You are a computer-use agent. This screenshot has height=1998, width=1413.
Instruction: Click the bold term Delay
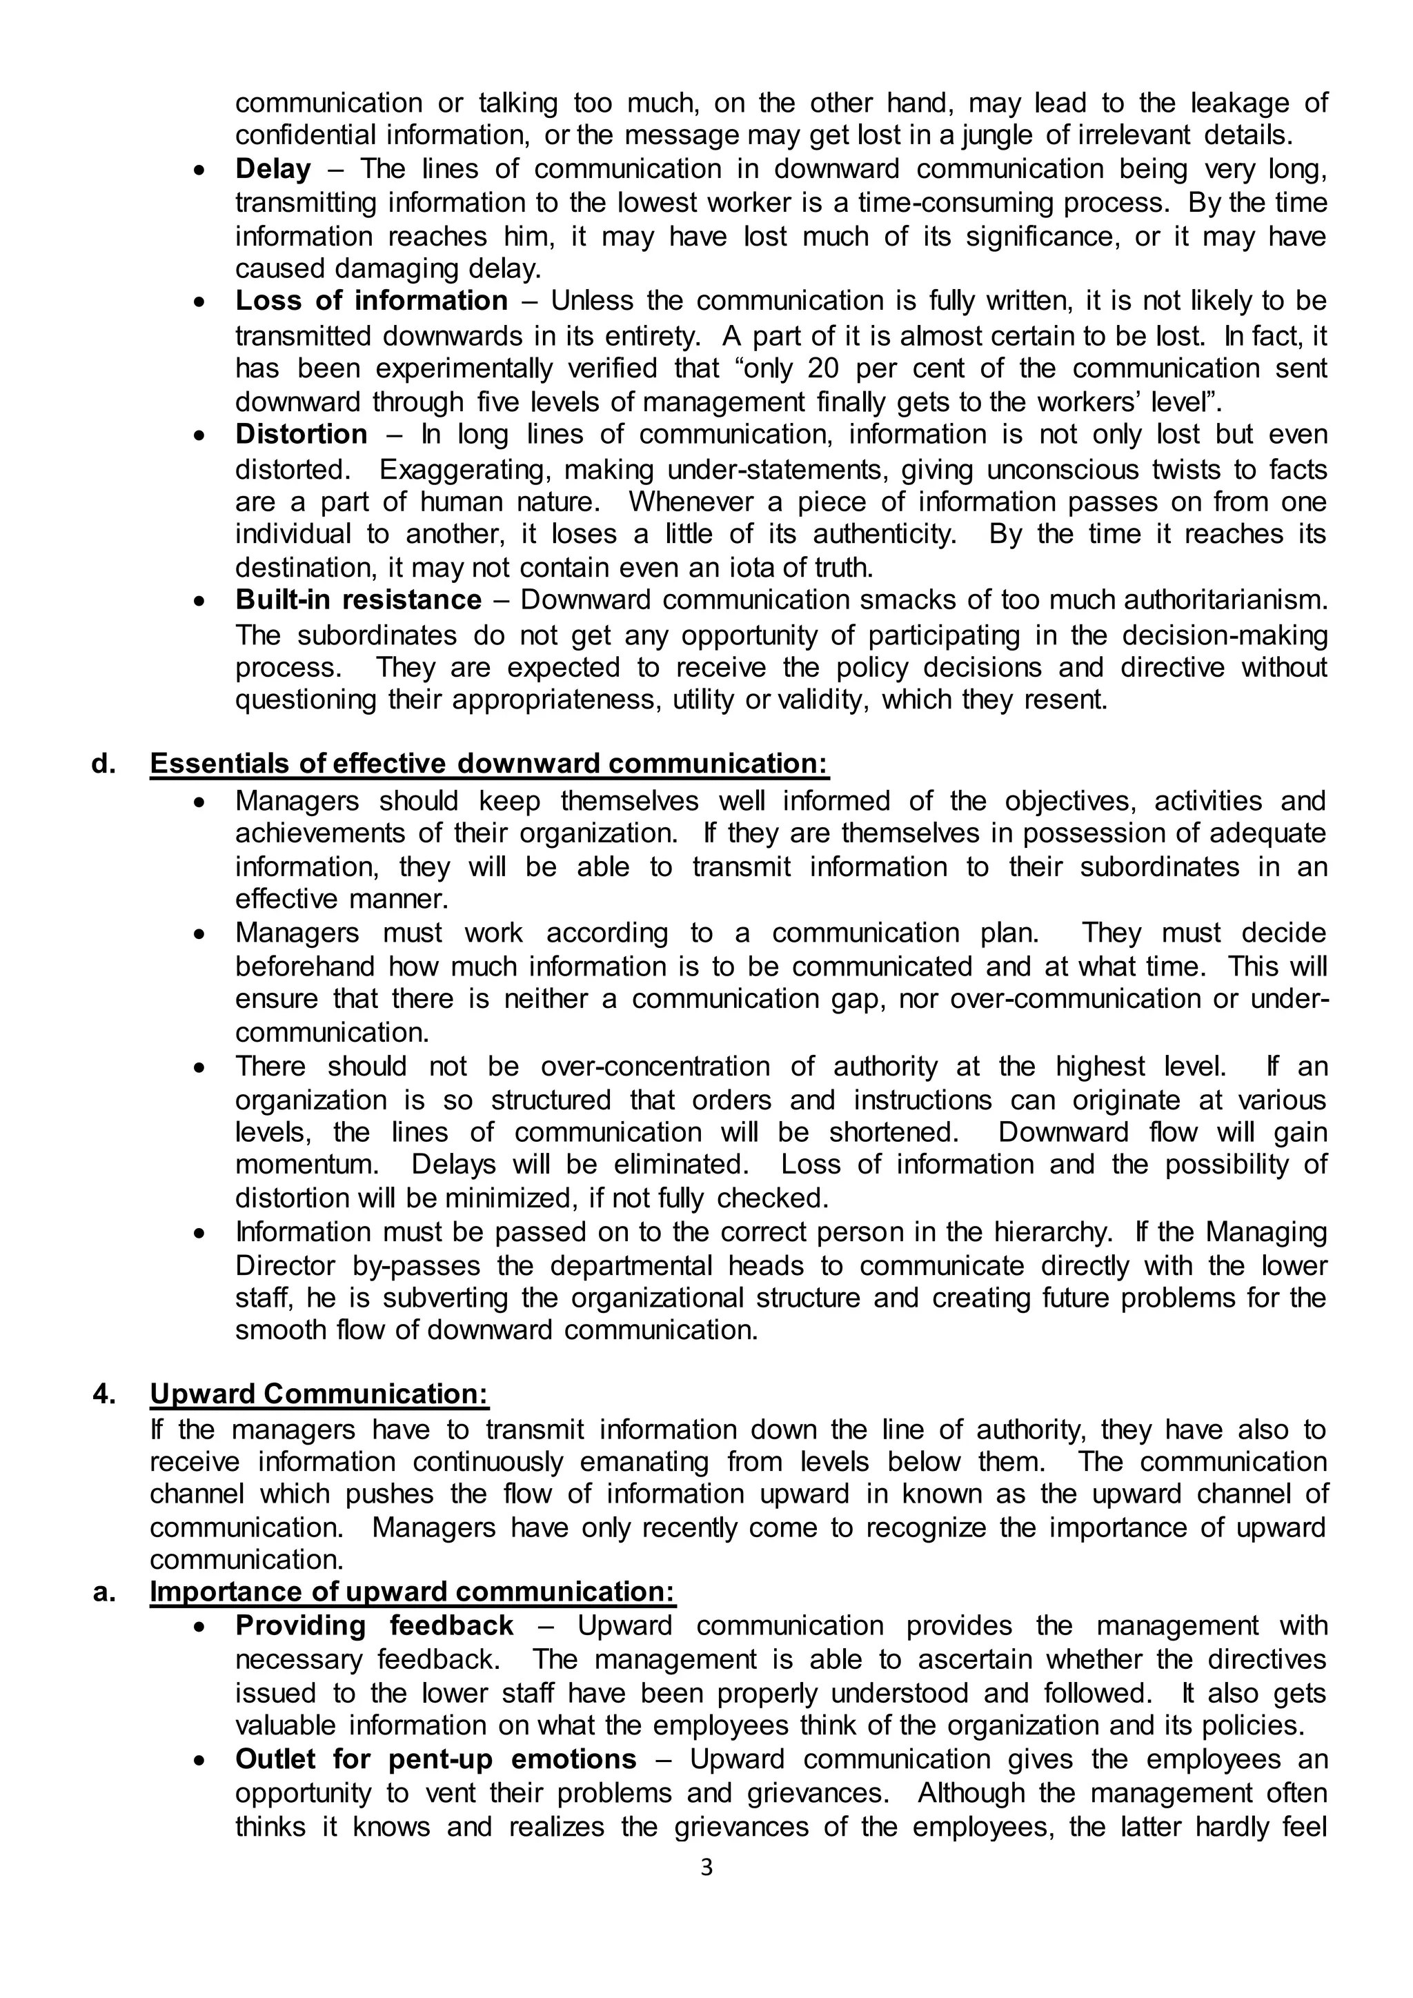pyautogui.click(x=273, y=169)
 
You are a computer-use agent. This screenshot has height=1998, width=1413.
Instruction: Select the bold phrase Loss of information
pyautogui.click(x=370, y=301)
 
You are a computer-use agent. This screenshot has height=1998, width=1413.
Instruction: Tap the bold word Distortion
pyautogui.click(x=301, y=434)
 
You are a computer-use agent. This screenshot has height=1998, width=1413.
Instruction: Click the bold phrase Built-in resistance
pyautogui.click(x=357, y=600)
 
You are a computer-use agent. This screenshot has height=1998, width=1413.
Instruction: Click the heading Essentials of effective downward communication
pyautogui.click(x=489, y=764)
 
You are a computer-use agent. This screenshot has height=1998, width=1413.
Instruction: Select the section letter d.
pyautogui.click(x=103, y=764)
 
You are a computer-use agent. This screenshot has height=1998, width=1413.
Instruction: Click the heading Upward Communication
pyautogui.click(x=319, y=1394)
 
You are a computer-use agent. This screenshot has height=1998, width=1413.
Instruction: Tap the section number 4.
pyautogui.click(x=103, y=1394)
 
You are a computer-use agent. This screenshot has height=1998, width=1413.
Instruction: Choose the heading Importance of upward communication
pyautogui.click(x=413, y=1592)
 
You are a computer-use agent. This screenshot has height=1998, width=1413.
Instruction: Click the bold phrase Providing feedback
pyautogui.click(x=374, y=1625)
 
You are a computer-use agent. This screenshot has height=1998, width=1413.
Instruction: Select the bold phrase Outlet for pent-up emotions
pyautogui.click(x=435, y=1759)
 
